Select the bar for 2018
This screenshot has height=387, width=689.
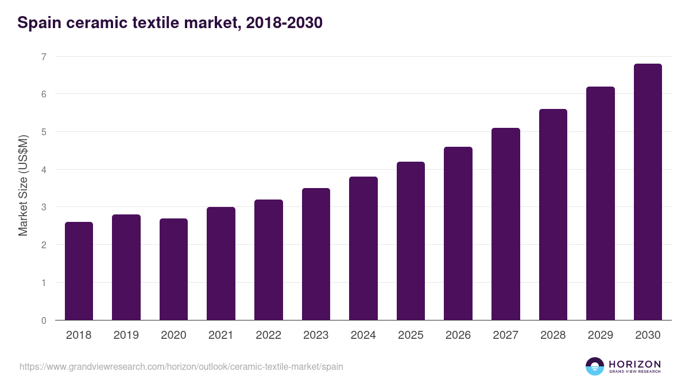79,271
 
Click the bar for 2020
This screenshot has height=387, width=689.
173,269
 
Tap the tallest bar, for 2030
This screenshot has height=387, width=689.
648,191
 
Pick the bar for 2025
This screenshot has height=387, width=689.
411,241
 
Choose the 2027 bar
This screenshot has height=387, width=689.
505,224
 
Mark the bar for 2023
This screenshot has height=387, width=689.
316,254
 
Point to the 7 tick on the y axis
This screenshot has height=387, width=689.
43,56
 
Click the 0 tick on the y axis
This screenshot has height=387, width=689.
43,320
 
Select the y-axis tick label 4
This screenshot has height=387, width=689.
43,169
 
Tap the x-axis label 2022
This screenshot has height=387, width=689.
268,335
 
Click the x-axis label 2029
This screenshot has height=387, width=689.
600,335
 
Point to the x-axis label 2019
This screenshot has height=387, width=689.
126,335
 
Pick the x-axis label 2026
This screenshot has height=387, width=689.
458,335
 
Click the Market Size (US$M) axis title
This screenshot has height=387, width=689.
23,185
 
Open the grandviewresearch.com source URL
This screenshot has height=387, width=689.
181,366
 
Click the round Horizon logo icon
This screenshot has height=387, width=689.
595,366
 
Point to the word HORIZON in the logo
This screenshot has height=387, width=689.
634,364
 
